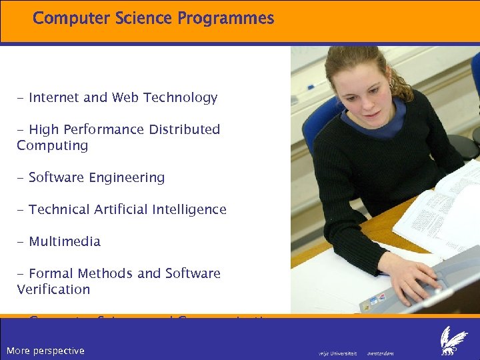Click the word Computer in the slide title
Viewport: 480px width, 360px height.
(x=65, y=19)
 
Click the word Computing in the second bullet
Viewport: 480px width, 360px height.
(x=52, y=146)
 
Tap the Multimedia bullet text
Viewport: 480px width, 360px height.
(x=64, y=242)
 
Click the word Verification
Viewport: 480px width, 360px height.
(x=53, y=290)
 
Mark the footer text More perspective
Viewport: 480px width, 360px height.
(x=45, y=351)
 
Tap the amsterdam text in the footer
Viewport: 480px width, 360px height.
(x=381, y=353)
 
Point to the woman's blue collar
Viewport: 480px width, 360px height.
(x=373, y=120)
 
